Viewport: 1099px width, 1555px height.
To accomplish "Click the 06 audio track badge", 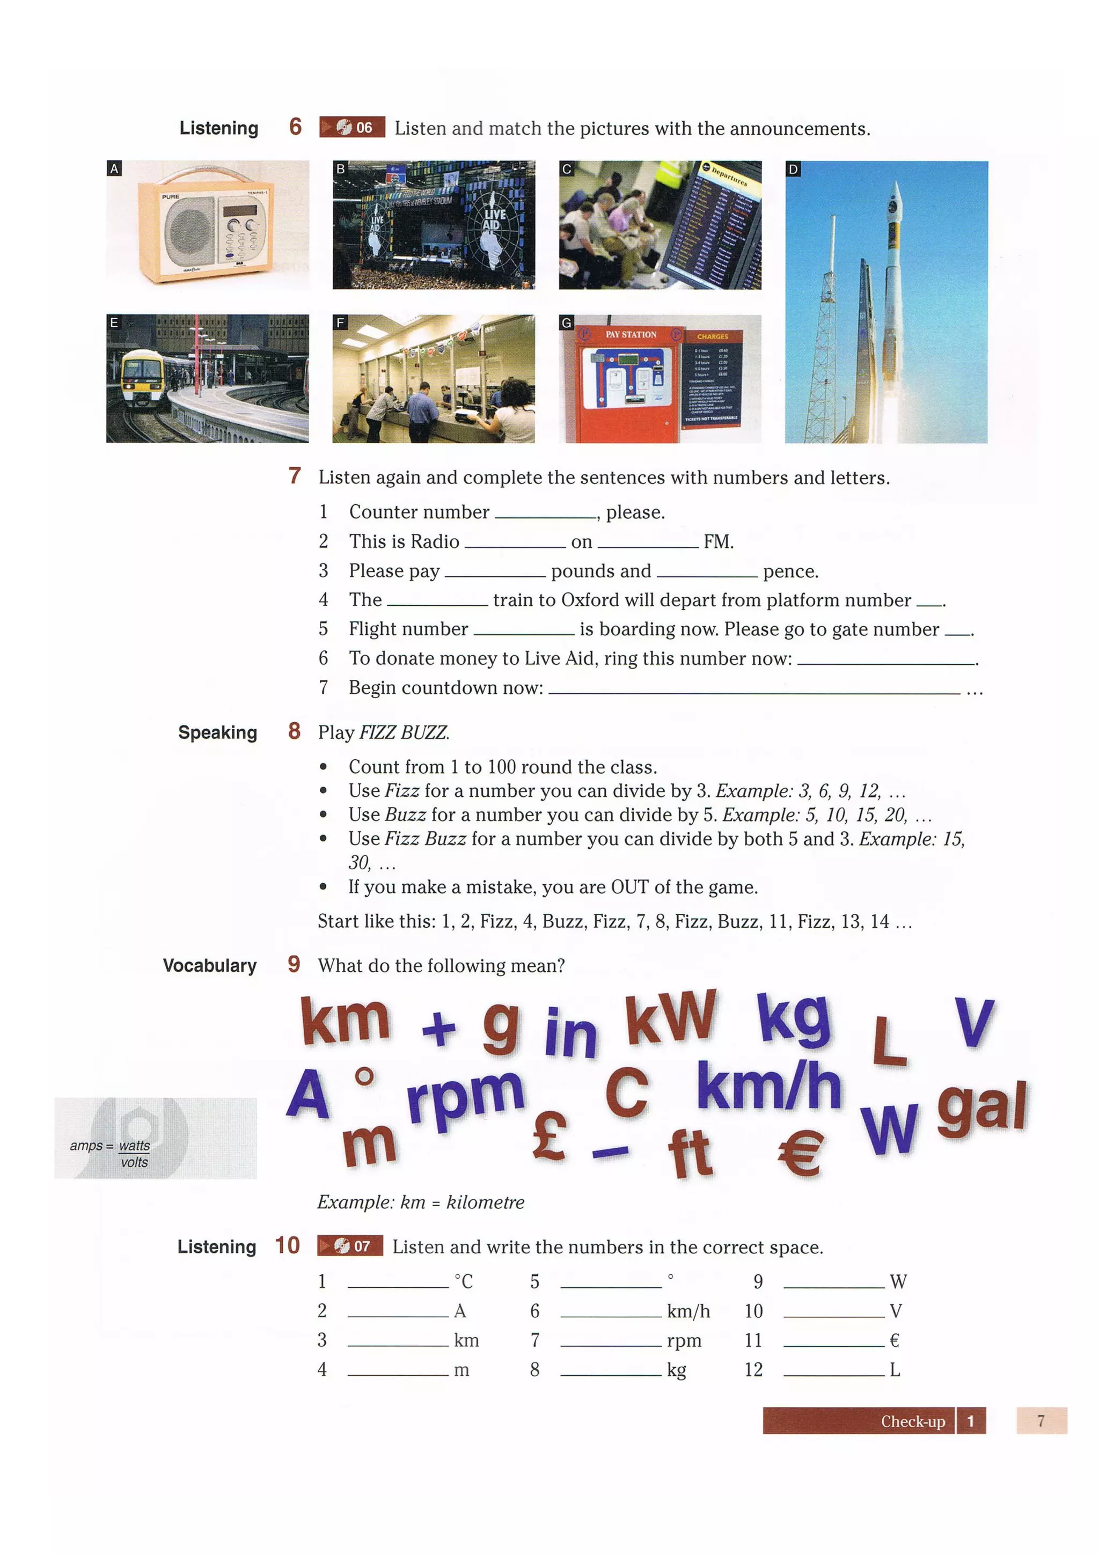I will [x=352, y=127].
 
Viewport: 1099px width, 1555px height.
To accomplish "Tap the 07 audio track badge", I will [x=350, y=1246].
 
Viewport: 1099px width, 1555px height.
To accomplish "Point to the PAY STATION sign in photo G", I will [x=631, y=335].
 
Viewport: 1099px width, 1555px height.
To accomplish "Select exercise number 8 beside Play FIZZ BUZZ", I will [x=294, y=731].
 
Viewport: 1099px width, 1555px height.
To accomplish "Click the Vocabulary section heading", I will [x=209, y=965].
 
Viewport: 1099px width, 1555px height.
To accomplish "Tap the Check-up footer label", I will [x=912, y=1421].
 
